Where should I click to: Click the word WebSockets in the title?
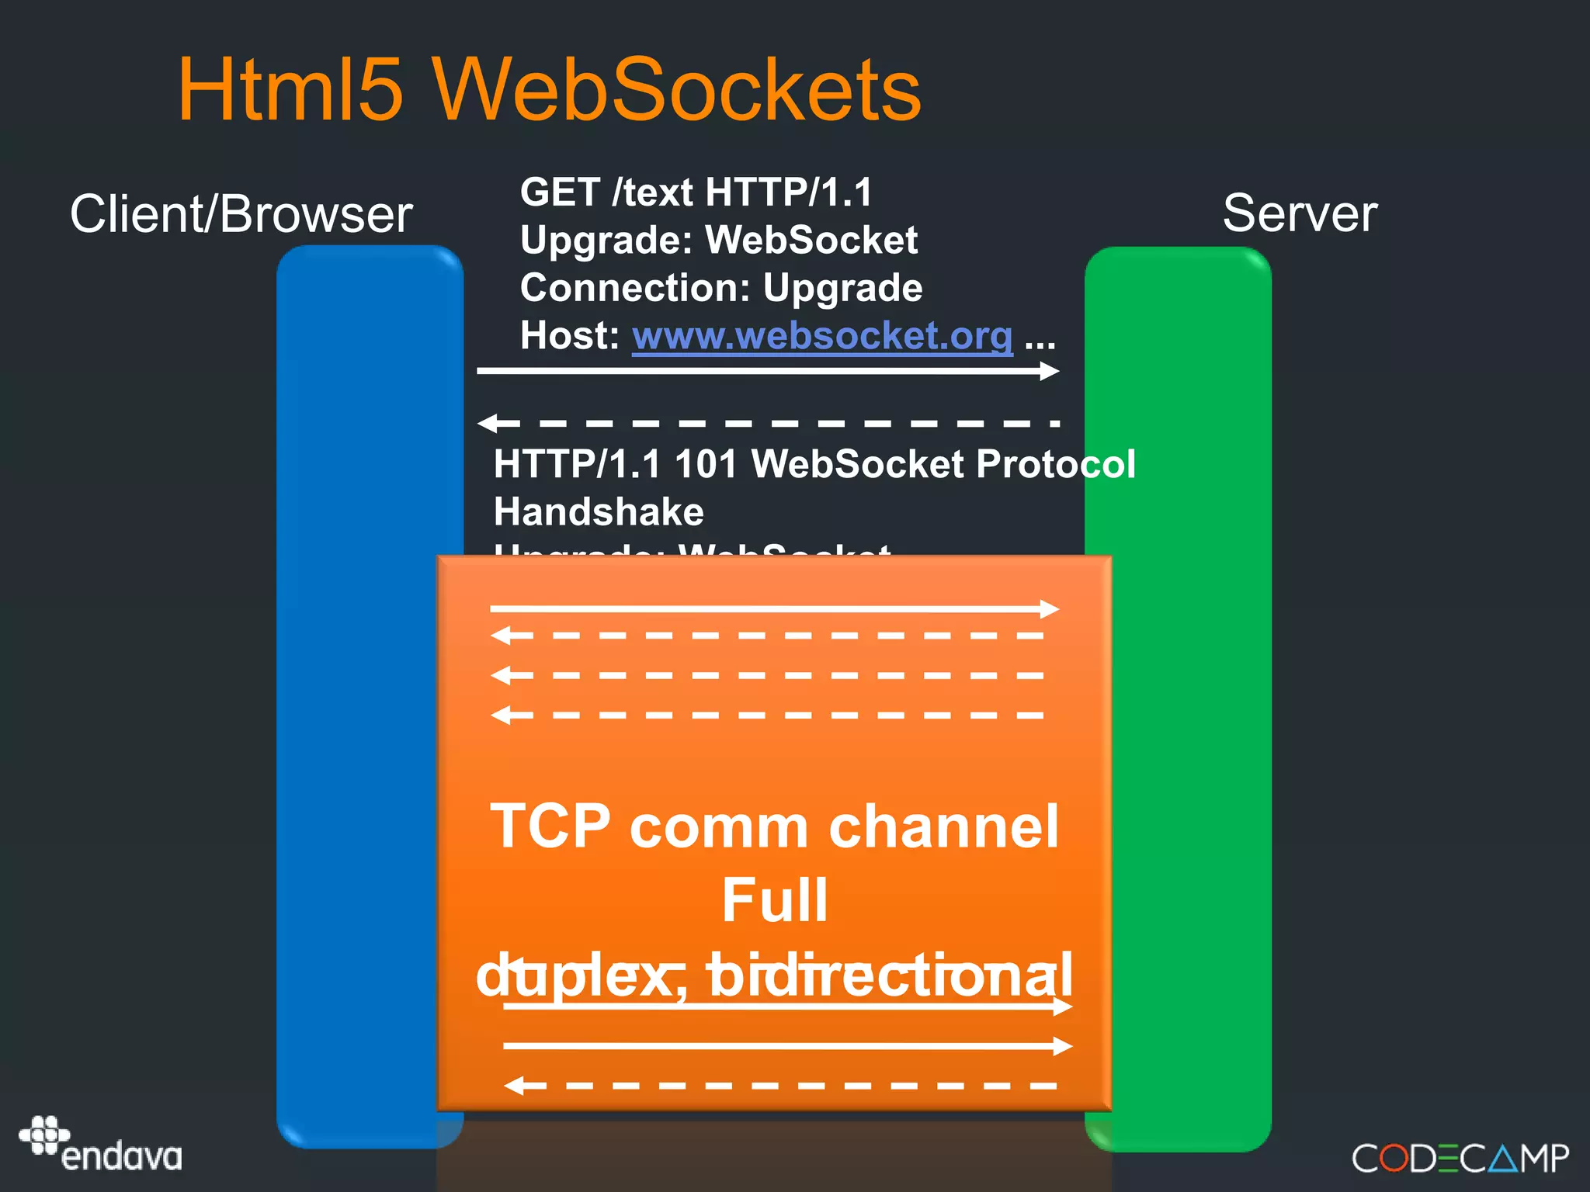point(676,90)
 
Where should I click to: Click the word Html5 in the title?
point(291,90)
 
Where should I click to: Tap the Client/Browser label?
point(241,214)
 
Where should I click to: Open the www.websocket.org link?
point(822,336)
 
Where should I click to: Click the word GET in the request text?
point(560,192)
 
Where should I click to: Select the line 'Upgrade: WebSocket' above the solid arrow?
point(718,240)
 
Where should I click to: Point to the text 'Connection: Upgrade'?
point(720,288)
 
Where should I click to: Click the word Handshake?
point(599,512)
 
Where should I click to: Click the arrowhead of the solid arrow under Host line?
point(1050,371)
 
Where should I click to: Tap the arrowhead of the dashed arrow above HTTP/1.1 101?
point(489,423)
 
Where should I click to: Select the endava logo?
point(101,1145)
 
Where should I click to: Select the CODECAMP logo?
point(1460,1159)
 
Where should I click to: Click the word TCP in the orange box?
point(550,826)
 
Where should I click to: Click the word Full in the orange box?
point(775,900)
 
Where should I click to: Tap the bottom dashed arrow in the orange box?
point(780,1086)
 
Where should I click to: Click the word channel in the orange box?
point(943,826)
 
